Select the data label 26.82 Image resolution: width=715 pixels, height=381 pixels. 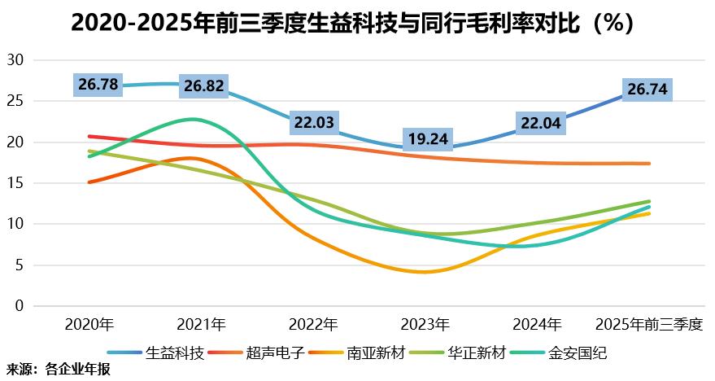click(203, 85)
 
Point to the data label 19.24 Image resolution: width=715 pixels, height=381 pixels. click(428, 138)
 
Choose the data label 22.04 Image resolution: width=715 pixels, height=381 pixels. click(540, 124)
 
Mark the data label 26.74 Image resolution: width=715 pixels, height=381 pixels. click(647, 89)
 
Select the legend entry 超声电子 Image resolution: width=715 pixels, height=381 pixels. click(274, 353)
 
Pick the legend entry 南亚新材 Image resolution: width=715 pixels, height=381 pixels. click(375, 353)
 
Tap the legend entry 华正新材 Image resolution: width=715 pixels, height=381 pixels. click(476, 353)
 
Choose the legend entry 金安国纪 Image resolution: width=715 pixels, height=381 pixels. click(577, 353)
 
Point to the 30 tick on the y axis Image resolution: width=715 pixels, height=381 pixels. click(17, 60)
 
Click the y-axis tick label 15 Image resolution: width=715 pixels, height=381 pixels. click(17, 183)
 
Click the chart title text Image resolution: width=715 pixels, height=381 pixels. click(351, 23)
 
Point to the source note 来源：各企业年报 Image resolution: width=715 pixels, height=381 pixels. click(57, 370)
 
